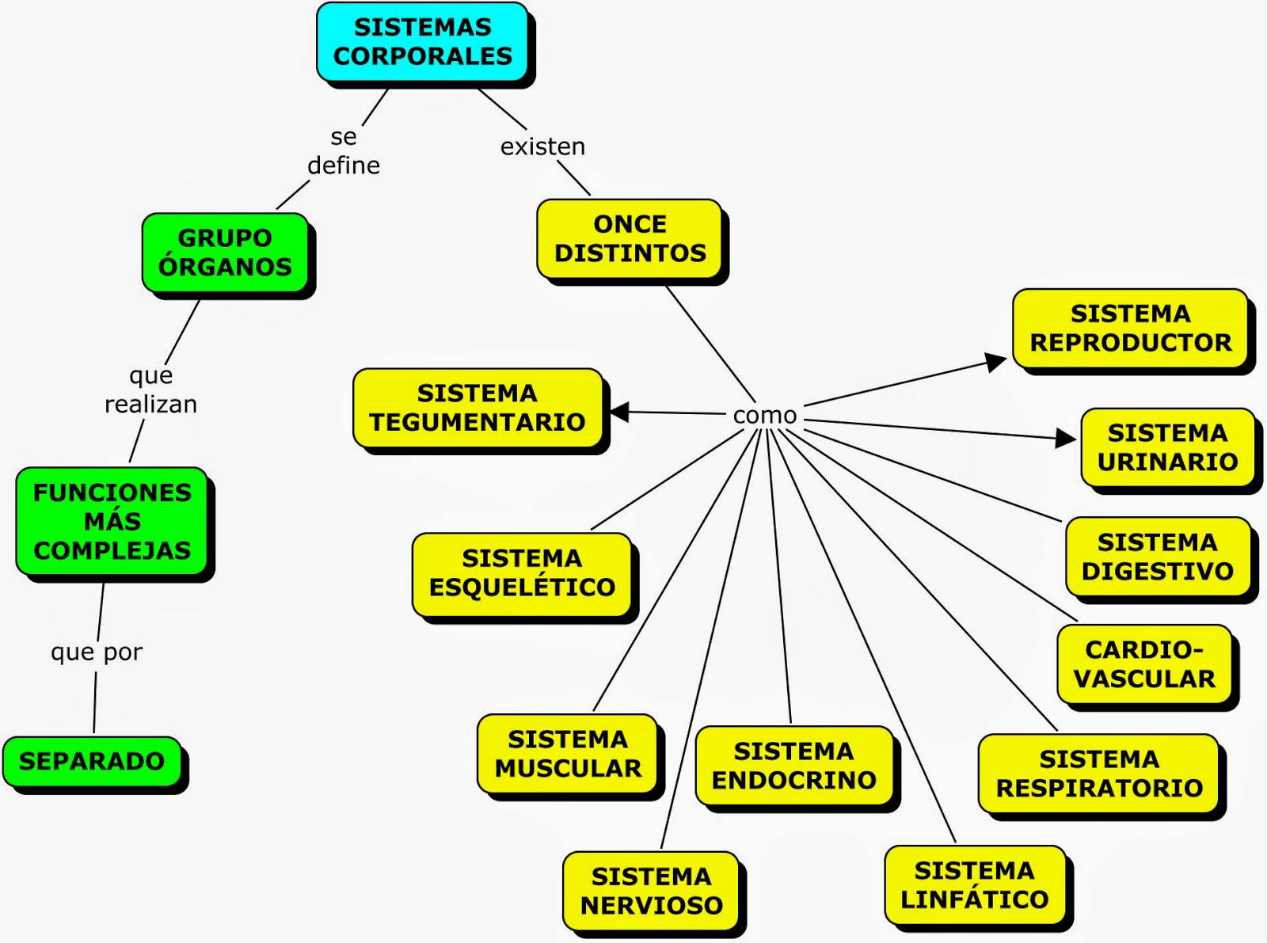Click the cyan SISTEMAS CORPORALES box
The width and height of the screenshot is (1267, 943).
422,42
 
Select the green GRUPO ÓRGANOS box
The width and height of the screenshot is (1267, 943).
225,253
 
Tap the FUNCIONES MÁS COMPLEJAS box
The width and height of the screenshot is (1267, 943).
112,521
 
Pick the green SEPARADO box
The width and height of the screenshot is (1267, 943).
92,762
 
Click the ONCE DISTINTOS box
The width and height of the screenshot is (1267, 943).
630,238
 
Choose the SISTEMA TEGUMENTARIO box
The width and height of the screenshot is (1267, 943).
478,408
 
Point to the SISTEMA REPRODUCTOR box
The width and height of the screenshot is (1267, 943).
1130,329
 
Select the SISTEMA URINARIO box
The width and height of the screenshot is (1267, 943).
1167,447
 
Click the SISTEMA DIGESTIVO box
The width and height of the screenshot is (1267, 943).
1157,557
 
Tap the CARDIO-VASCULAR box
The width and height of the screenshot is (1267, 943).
1144,664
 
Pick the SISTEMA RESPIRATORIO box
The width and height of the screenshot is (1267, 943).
1099,774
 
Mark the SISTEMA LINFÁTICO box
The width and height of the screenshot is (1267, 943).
974,885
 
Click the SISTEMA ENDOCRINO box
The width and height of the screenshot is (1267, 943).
793,766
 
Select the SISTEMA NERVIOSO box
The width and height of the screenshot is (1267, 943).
651,891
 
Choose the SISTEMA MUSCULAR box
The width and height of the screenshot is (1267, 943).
568,754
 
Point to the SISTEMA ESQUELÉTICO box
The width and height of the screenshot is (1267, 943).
522,573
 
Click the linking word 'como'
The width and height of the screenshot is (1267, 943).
765,416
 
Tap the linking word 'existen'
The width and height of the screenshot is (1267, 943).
542,146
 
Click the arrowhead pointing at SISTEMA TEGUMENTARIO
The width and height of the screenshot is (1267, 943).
618,412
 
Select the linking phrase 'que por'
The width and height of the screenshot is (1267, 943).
97,652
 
